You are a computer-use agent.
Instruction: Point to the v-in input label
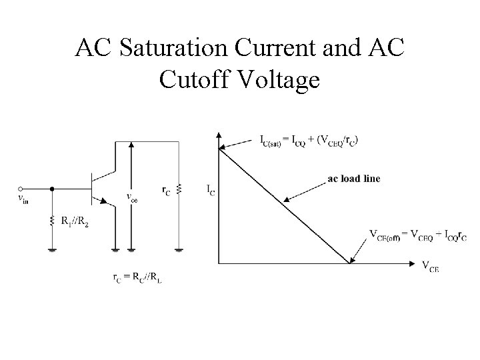coord(23,198)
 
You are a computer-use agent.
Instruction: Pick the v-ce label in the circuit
coord(132,197)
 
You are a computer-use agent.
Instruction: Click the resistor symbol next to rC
coord(179,190)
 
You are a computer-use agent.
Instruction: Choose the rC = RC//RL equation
coord(137,278)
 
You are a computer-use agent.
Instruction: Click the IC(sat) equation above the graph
coord(308,140)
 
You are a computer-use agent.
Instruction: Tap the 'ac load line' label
coord(354,178)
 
